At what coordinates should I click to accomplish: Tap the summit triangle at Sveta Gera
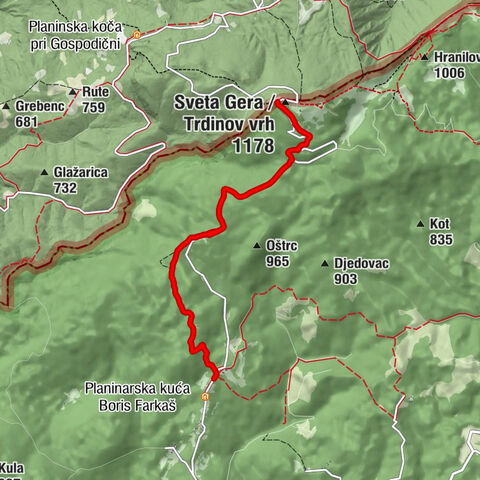285,102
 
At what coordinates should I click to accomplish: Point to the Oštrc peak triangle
258,243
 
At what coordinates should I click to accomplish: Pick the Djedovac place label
360,263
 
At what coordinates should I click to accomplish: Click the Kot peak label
440,224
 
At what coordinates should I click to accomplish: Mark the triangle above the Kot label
422,224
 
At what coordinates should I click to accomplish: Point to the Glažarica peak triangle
44,173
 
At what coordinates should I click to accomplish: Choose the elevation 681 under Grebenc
28,122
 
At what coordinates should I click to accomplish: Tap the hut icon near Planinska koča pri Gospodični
137,35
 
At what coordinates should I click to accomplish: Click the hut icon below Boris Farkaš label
205,396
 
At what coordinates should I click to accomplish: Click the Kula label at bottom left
12,467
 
